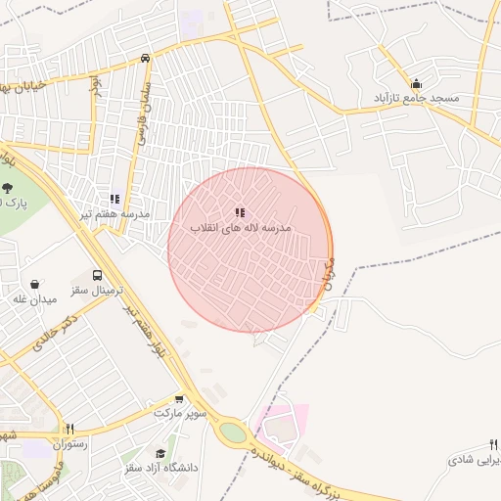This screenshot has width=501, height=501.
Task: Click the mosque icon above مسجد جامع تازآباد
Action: click(417, 83)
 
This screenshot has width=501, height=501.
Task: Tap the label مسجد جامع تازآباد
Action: click(423, 100)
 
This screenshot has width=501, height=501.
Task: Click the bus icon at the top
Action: click(145, 59)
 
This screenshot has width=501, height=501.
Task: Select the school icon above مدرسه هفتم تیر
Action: click(114, 199)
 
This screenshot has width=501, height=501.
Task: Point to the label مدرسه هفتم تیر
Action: click(115, 214)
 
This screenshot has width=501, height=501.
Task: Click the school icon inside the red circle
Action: click(240, 212)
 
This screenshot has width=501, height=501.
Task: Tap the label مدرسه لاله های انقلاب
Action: click(241, 227)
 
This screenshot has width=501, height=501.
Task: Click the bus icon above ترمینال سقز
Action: click(97, 276)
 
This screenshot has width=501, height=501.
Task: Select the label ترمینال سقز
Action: click(94, 292)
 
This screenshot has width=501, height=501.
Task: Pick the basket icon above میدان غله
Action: click(35, 284)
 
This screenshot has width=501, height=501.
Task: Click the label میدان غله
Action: click(33, 299)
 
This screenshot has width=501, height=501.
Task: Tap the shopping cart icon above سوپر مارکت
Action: click(179, 398)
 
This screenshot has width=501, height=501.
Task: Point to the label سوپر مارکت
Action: click(180, 414)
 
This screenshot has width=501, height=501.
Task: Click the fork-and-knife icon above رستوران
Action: click(69, 429)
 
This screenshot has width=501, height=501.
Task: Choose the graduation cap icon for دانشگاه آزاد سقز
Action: click(160, 453)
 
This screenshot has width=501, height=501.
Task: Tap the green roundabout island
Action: click(233, 432)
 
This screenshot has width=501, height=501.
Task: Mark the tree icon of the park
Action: click(8, 186)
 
